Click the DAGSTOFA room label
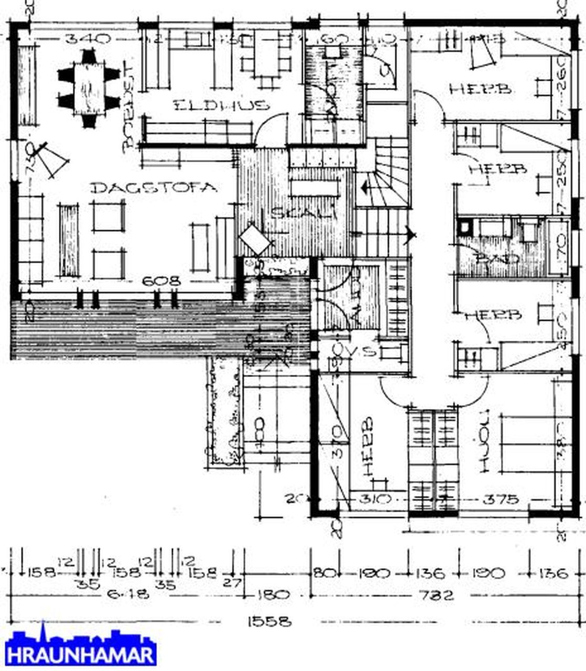[x=153, y=188]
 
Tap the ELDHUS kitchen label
[x=221, y=105]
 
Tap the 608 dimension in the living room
[x=162, y=282]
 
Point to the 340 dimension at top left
[x=88, y=38]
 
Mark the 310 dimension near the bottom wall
[x=376, y=499]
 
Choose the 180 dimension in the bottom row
[x=273, y=596]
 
